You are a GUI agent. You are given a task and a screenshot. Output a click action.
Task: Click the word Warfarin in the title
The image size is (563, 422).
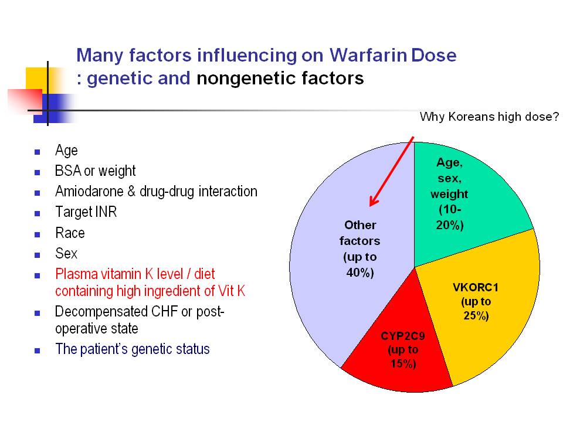pyautogui.click(x=368, y=55)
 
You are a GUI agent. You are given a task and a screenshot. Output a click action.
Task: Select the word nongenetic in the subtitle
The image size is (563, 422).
pyautogui.click(x=246, y=78)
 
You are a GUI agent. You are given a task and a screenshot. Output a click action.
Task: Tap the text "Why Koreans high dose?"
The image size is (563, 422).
pyautogui.click(x=489, y=117)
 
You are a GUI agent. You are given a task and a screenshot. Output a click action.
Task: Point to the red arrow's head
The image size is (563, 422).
pyautogui.click(x=374, y=200)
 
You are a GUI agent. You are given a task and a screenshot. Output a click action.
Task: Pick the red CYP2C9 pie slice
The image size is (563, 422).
pyautogui.click(x=399, y=352)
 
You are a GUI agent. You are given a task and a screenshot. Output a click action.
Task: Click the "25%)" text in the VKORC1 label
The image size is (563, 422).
pyautogui.click(x=476, y=316)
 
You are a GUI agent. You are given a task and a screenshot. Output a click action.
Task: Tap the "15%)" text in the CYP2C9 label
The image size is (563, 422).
pyautogui.click(x=403, y=364)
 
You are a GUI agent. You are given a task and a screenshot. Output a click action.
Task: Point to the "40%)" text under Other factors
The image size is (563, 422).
pyautogui.click(x=360, y=273)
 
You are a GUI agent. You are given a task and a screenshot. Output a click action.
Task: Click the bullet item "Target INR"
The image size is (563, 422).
pyautogui.click(x=86, y=212)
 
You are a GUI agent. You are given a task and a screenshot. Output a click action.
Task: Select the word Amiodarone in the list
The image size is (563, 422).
pyautogui.click(x=89, y=191)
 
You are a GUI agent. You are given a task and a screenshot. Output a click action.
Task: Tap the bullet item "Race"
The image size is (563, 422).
pyautogui.click(x=70, y=233)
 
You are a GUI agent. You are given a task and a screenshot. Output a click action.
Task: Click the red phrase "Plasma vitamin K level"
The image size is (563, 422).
pyautogui.click(x=119, y=274)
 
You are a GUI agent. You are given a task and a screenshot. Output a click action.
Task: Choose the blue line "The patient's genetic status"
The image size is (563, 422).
pyautogui.click(x=133, y=349)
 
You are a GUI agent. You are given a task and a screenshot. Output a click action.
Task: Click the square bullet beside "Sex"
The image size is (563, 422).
pyautogui.click(x=38, y=255)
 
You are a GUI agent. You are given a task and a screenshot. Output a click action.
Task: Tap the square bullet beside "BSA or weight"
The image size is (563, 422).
pyautogui.click(x=38, y=172)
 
